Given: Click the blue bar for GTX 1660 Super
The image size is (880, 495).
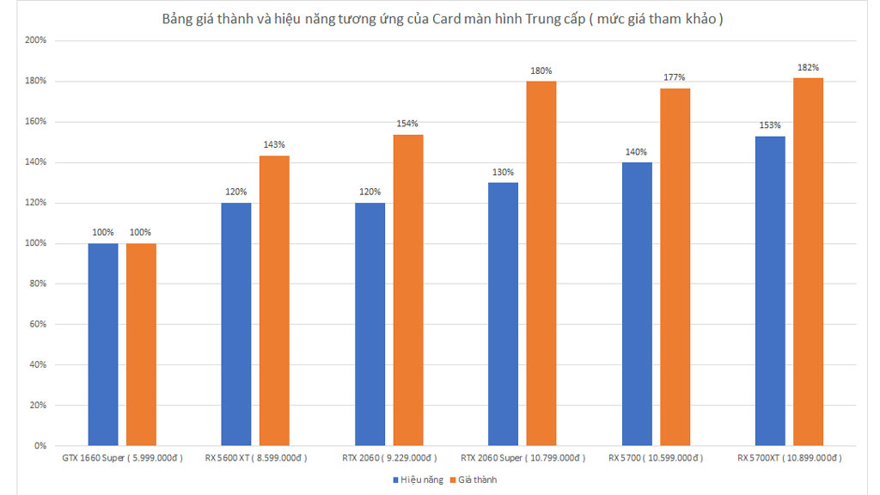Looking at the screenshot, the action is [x=103, y=345].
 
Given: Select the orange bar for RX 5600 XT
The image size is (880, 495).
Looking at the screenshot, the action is [x=274, y=301].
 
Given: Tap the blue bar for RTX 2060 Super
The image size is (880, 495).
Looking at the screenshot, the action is [x=503, y=315].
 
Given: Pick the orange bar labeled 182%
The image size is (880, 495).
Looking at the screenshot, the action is [x=808, y=261].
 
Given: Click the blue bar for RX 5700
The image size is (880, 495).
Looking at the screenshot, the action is [x=637, y=304].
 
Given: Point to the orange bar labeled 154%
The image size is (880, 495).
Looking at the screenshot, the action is [x=408, y=290].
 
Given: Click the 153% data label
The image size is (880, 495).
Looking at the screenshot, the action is [x=769, y=125].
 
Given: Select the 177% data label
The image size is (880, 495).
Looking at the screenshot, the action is [x=674, y=77].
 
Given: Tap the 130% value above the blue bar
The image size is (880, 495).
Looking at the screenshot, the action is [x=503, y=172].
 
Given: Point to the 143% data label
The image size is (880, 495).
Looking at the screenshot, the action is [x=274, y=144].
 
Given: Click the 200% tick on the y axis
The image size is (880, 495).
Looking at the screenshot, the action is [x=36, y=40].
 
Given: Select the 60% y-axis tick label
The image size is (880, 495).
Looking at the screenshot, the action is [x=38, y=324].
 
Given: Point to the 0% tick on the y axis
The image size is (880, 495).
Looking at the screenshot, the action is [x=40, y=446].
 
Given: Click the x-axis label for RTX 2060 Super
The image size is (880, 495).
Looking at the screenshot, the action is [x=523, y=458].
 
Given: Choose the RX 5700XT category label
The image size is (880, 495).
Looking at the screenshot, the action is [x=790, y=458].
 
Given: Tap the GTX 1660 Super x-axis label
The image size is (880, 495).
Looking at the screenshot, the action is [x=122, y=458].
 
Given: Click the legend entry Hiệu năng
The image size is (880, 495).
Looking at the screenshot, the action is [x=419, y=480].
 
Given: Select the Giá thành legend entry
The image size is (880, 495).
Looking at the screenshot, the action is [x=474, y=480].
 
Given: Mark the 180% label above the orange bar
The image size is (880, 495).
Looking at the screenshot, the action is [x=541, y=70].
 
